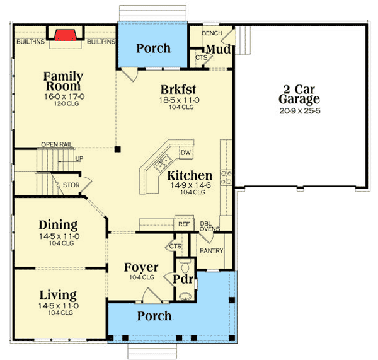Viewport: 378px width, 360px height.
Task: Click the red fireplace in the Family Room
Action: pos(65,35)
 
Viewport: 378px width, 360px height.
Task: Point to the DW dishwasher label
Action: pos(185,153)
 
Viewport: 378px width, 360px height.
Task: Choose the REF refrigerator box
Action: pos(183,224)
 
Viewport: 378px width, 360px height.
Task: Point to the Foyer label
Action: pos(141,267)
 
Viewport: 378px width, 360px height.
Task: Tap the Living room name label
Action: pos(58,295)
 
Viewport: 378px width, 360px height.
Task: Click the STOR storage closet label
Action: pos(71,185)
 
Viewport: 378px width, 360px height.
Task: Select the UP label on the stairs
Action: pos(79,158)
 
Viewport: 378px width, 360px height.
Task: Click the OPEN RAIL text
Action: pos(55,144)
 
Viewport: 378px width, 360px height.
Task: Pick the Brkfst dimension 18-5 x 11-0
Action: pos(180,100)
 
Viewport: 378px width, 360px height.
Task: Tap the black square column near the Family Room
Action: pos(117,149)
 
